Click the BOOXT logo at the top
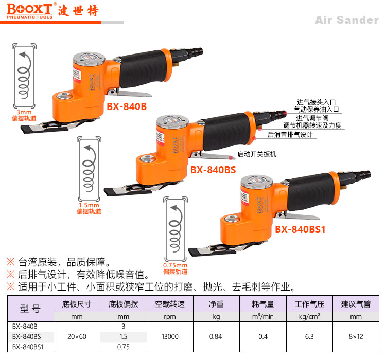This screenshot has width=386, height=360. coord(30,11)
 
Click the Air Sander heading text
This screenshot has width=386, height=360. coord(346,20)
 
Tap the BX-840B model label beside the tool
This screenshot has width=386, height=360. coord(127,106)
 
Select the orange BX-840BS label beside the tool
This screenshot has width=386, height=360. coord(213,170)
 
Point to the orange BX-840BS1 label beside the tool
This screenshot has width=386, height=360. coord(300,229)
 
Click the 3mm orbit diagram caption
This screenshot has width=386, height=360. coord(24,115)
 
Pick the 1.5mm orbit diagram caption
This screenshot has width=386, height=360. coord(89,208)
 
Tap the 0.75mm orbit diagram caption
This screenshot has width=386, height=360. coord(176,268)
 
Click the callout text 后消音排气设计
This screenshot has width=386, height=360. coord(290,135)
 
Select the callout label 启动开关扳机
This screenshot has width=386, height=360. coord(257,154)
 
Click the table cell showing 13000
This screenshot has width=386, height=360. coord(170,337)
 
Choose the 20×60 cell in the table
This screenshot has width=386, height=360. coord(77,337)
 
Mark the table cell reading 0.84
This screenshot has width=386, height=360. coord(216,337)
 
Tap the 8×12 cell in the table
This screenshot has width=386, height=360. coord(356,337)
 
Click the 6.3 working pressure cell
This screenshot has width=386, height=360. coord(309,337)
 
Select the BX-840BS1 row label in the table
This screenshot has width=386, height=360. coord(28,347)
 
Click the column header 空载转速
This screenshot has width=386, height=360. coord(170,304)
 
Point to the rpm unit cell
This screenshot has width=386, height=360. coord(170,317)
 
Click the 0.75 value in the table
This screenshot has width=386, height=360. coord(124,347)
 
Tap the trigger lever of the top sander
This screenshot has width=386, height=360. coord(131,93)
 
